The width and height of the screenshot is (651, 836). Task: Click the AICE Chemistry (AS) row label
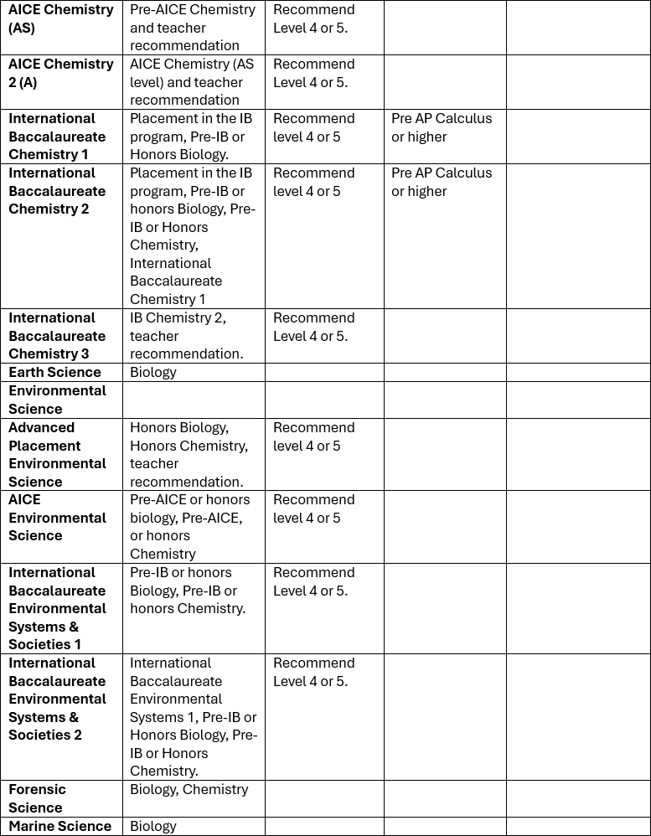(x=60, y=18)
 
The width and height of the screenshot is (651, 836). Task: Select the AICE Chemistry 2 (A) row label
(x=60, y=73)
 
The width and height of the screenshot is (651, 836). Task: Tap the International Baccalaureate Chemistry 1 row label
(x=57, y=136)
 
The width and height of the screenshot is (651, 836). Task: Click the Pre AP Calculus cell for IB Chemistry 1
(x=442, y=127)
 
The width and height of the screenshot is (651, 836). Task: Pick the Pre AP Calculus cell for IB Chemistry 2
(x=442, y=182)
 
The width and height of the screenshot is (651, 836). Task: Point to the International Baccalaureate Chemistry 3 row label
(x=57, y=335)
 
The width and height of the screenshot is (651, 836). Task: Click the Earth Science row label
(x=54, y=372)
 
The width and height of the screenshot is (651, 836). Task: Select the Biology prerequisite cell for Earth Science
(x=153, y=372)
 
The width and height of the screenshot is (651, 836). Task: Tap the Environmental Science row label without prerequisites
(x=57, y=400)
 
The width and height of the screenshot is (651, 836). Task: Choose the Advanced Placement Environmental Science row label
(x=57, y=454)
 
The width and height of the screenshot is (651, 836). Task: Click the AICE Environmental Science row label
(x=57, y=518)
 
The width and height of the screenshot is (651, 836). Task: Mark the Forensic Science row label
(x=37, y=798)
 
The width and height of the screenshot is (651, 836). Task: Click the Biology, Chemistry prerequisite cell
(x=189, y=789)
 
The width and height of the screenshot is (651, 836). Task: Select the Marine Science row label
(x=59, y=826)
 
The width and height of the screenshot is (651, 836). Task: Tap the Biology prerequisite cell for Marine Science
(x=153, y=826)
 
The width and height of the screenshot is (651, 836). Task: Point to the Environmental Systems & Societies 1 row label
(x=57, y=608)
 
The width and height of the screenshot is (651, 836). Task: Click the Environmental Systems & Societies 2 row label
(x=57, y=699)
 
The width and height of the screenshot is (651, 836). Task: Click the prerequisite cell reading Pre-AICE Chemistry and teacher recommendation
(x=192, y=28)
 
